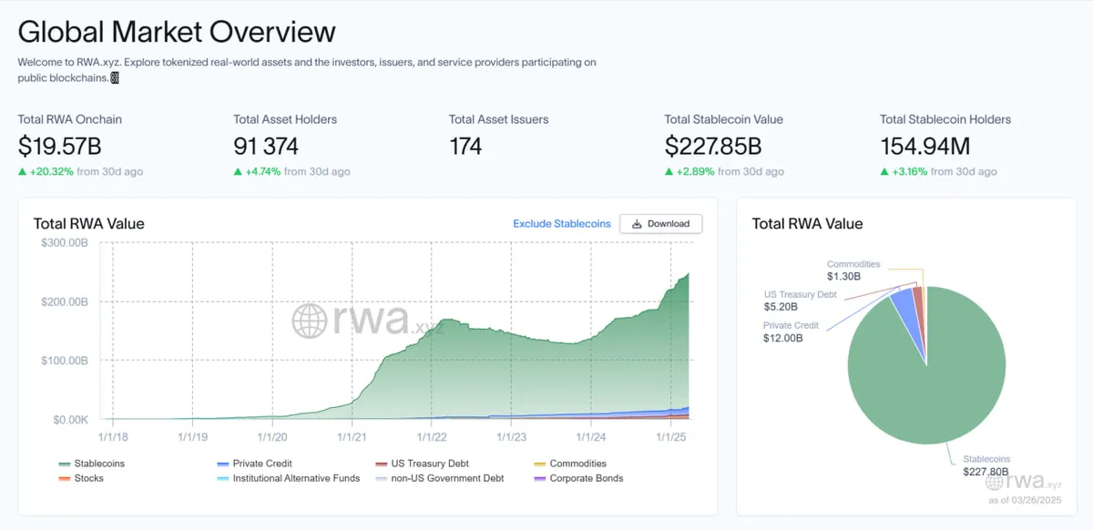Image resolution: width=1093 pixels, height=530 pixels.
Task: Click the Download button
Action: tap(660, 223)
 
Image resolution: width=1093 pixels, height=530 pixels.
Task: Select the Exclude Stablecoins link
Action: tap(561, 223)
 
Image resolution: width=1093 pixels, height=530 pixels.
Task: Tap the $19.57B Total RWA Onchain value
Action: tap(58, 146)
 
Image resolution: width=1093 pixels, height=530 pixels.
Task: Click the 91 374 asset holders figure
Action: tap(266, 146)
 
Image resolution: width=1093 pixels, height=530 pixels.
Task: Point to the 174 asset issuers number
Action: tap(465, 146)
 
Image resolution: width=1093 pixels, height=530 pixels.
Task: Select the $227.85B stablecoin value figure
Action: tap(713, 146)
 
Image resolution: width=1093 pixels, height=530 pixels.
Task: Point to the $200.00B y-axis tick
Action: tap(65, 301)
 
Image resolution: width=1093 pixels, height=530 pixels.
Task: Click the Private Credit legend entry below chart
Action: tap(261, 464)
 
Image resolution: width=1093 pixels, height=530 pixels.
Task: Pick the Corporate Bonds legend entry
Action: tap(586, 478)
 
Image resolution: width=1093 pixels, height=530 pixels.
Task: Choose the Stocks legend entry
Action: tap(88, 478)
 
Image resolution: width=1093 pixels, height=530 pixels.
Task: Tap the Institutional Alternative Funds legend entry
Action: tap(295, 478)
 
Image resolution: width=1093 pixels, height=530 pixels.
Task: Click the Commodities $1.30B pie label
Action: tap(853, 270)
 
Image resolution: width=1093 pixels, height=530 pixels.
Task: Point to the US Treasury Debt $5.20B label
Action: tap(800, 301)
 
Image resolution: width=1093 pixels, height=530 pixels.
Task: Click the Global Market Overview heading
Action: tap(177, 32)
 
